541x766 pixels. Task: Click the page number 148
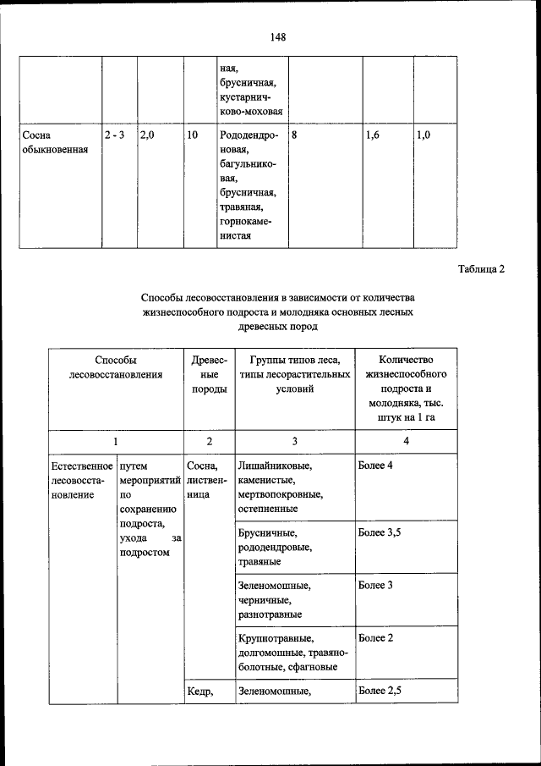click(278, 36)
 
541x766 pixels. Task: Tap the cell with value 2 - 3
click(114, 135)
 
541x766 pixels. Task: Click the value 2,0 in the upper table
click(147, 135)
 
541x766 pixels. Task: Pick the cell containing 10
click(192, 135)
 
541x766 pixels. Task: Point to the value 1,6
click(373, 135)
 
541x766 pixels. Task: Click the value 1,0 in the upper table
click(424, 135)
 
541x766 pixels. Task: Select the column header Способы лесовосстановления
click(116, 366)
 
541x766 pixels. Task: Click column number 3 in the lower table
click(294, 441)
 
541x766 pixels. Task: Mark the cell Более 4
click(376, 466)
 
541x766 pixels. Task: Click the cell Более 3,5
click(380, 532)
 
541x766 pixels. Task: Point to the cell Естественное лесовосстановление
click(81, 481)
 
